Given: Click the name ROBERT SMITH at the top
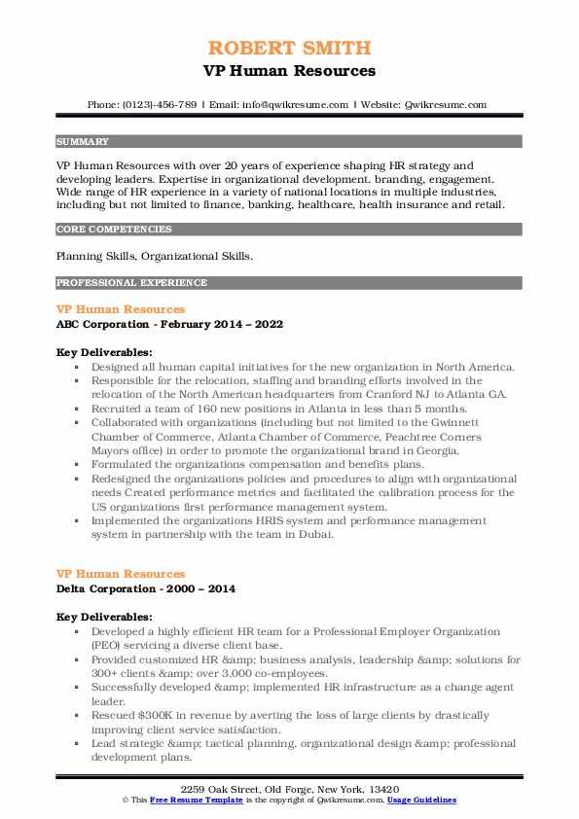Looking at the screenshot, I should pyautogui.click(x=289, y=48).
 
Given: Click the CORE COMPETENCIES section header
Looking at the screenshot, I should pyautogui.click(x=114, y=230).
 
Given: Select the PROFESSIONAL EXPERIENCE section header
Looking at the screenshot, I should pyautogui.click(x=131, y=282).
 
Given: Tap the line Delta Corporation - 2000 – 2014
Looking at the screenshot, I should pyautogui.click(x=145, y=588).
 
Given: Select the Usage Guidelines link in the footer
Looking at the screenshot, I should pyautogui.click(x=421, y=799).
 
